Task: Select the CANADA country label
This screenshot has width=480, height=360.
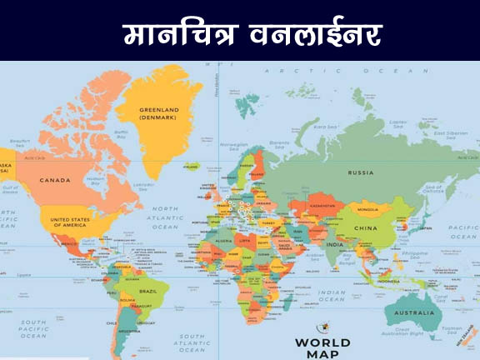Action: coord(55,179)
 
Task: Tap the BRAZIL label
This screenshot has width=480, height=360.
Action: coord(148,291)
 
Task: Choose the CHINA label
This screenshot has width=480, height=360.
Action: coord(365,227)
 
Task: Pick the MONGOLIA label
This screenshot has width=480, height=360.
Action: coord(367,209)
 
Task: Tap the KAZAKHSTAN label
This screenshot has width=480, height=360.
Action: coord(322,204)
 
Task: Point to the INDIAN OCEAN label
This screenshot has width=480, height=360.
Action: coord(332,295)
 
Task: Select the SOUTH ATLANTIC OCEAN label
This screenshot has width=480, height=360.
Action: coord(191,342)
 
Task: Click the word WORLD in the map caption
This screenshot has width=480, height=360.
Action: coord(323,342)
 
